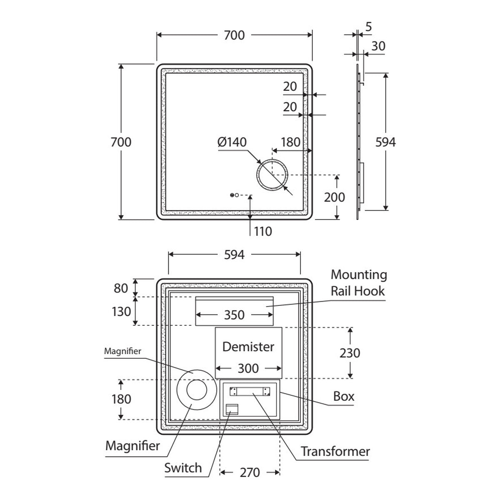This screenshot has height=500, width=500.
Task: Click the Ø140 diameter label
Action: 232,142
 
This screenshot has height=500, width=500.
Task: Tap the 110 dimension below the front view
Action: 263,231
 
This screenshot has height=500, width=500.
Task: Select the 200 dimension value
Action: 334,197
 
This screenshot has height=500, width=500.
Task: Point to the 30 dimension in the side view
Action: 378,46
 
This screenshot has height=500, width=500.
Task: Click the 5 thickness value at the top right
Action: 368,27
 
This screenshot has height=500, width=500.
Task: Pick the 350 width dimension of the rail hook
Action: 234,315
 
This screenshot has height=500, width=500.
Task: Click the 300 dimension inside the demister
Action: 248,368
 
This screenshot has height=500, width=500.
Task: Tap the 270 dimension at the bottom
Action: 250,472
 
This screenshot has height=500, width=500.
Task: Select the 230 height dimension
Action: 350,353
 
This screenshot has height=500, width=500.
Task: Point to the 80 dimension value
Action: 121,288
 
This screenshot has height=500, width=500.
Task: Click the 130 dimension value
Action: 121,312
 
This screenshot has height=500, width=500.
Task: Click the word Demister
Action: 248,347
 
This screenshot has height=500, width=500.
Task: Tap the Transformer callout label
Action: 335,452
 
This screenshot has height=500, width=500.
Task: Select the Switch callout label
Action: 183,468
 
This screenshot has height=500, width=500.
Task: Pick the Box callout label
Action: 343,396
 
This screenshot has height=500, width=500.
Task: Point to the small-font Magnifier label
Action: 122,351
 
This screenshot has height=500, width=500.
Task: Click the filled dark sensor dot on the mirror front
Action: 232,195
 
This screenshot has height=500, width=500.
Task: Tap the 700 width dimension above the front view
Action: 234,35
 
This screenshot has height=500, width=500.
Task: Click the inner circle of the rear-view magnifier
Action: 187,390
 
